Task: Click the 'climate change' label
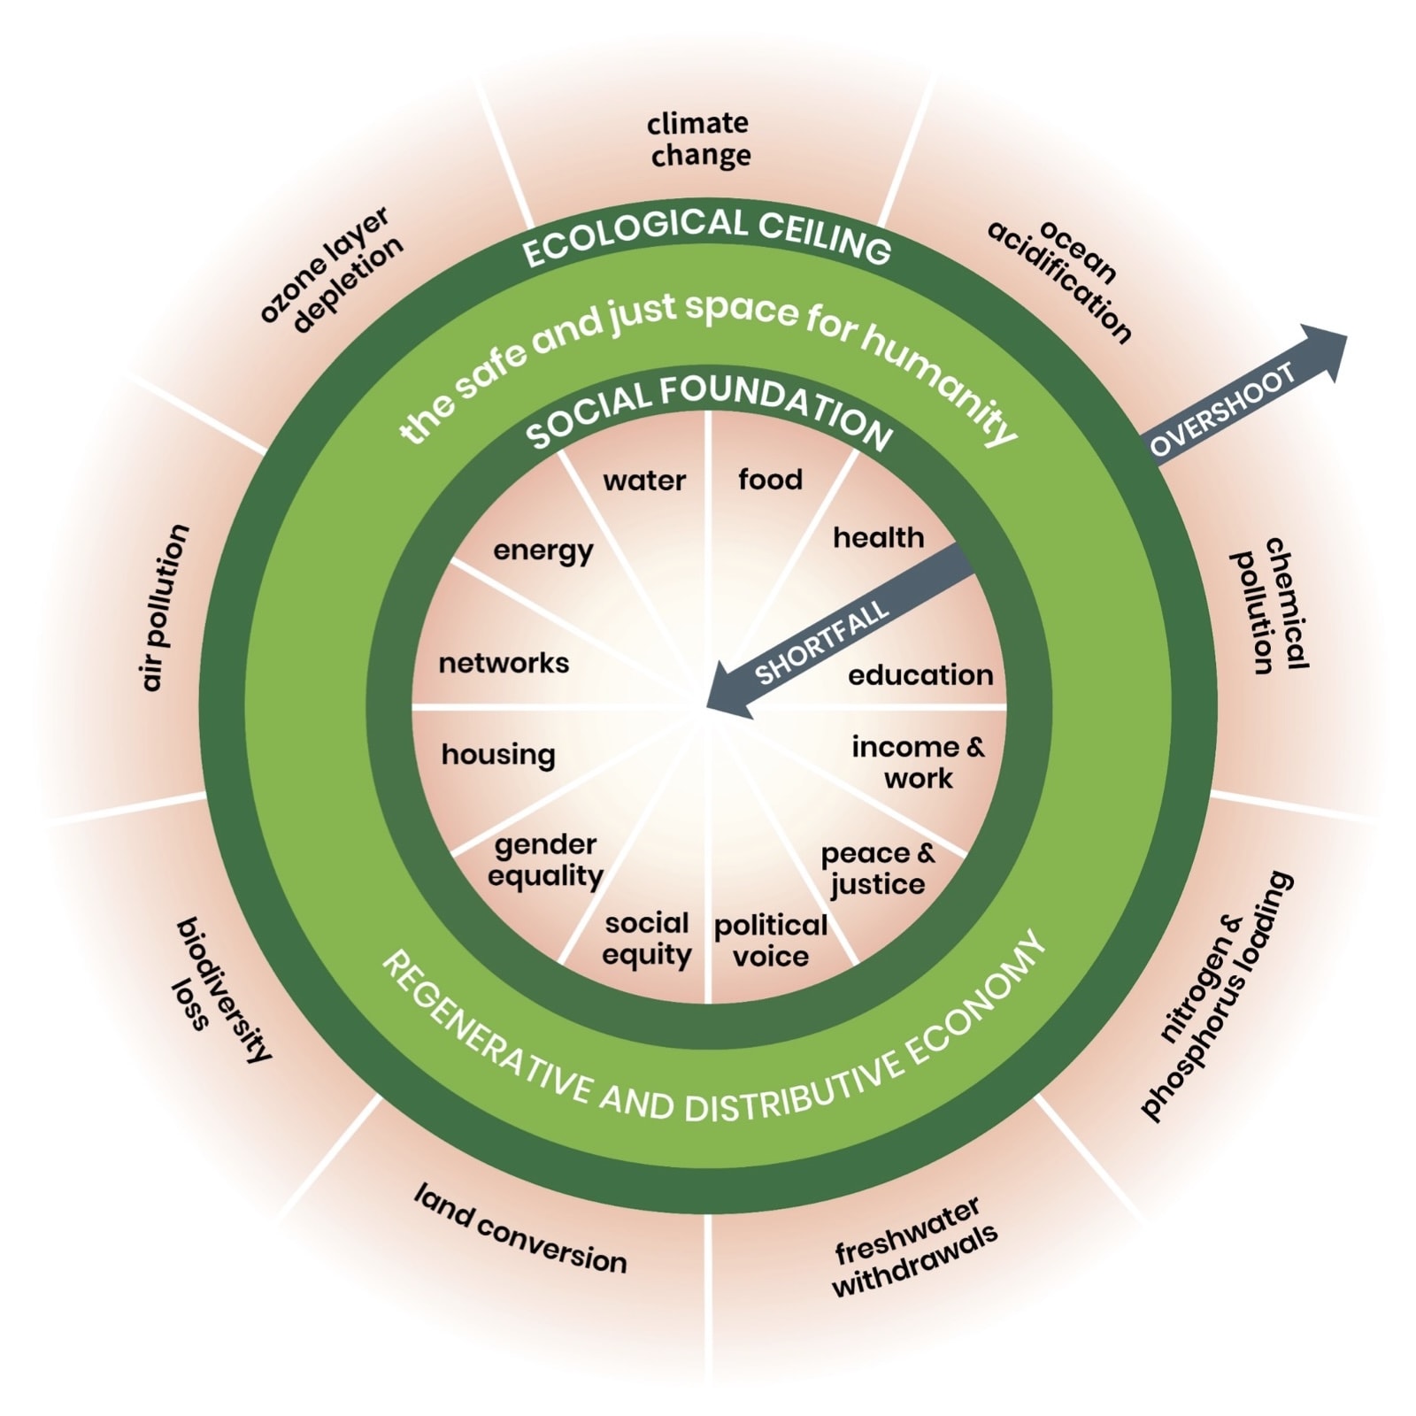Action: [699, 139]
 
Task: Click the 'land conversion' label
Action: [520, 1230]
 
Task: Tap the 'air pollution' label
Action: [165, 607]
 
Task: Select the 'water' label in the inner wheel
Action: [644, 481]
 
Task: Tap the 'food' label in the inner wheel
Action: [770, 480]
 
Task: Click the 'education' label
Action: [920, 675]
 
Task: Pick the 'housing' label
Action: [498, 755]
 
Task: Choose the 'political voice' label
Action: [771, 941]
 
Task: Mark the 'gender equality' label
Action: [545, 860]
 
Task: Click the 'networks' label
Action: [504, 663]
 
